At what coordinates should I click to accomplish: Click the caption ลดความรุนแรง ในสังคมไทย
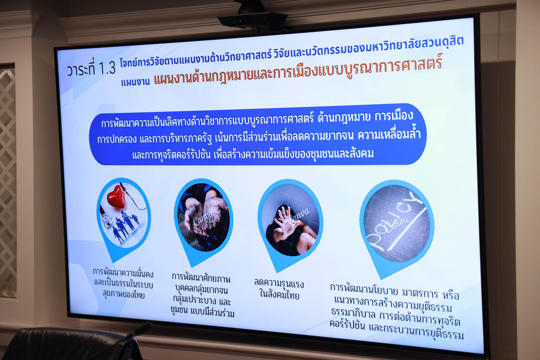pyautogui.click(x=279, y=289)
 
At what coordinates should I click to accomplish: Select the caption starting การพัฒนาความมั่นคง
pyautogui.click(x=123, y=283)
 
